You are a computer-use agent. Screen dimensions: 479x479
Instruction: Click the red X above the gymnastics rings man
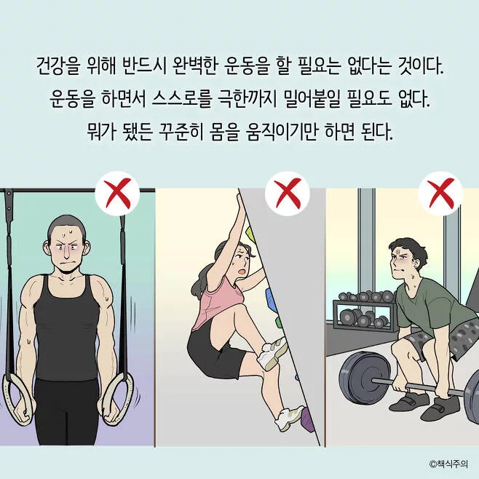click(x=117, y=194)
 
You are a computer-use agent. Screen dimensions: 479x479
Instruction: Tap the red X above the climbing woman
click(x=288, y=194)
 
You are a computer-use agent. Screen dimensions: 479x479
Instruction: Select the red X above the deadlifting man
click(x=440, y=194)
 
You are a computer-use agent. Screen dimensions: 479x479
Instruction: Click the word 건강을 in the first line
click(x=57, y=66)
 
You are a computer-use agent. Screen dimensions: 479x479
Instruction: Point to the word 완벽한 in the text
click(x=194, y=66)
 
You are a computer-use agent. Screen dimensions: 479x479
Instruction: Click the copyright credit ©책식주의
click(x=448, y=464)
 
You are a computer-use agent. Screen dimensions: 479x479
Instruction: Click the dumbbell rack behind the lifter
click(x=362, y=311)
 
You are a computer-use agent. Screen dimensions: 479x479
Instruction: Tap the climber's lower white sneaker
click(x=289, y=418)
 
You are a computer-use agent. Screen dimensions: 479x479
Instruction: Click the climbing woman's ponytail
click(x=201, y=281)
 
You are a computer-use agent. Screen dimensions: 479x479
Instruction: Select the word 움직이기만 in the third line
click(x=281, y=132)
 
